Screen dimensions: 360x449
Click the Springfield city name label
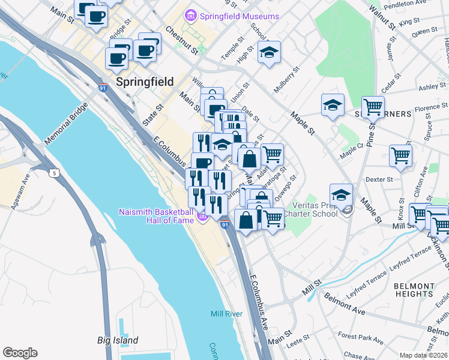(x=145, y=82)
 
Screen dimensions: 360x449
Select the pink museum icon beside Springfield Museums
(x=191, y=15)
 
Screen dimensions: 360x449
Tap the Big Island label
(x=118, y=340)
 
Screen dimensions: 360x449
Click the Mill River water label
(x=226, y=314)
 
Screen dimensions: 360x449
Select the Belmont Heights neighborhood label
(x=414, y=290)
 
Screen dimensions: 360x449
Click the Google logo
(x=20, y=353)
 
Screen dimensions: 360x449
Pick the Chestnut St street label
(x=182, y=40)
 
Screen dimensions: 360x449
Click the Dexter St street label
(x=379, y=179)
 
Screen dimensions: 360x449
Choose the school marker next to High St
(x=270, y=53)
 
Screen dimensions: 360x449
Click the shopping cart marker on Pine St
(x=373, y=107)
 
